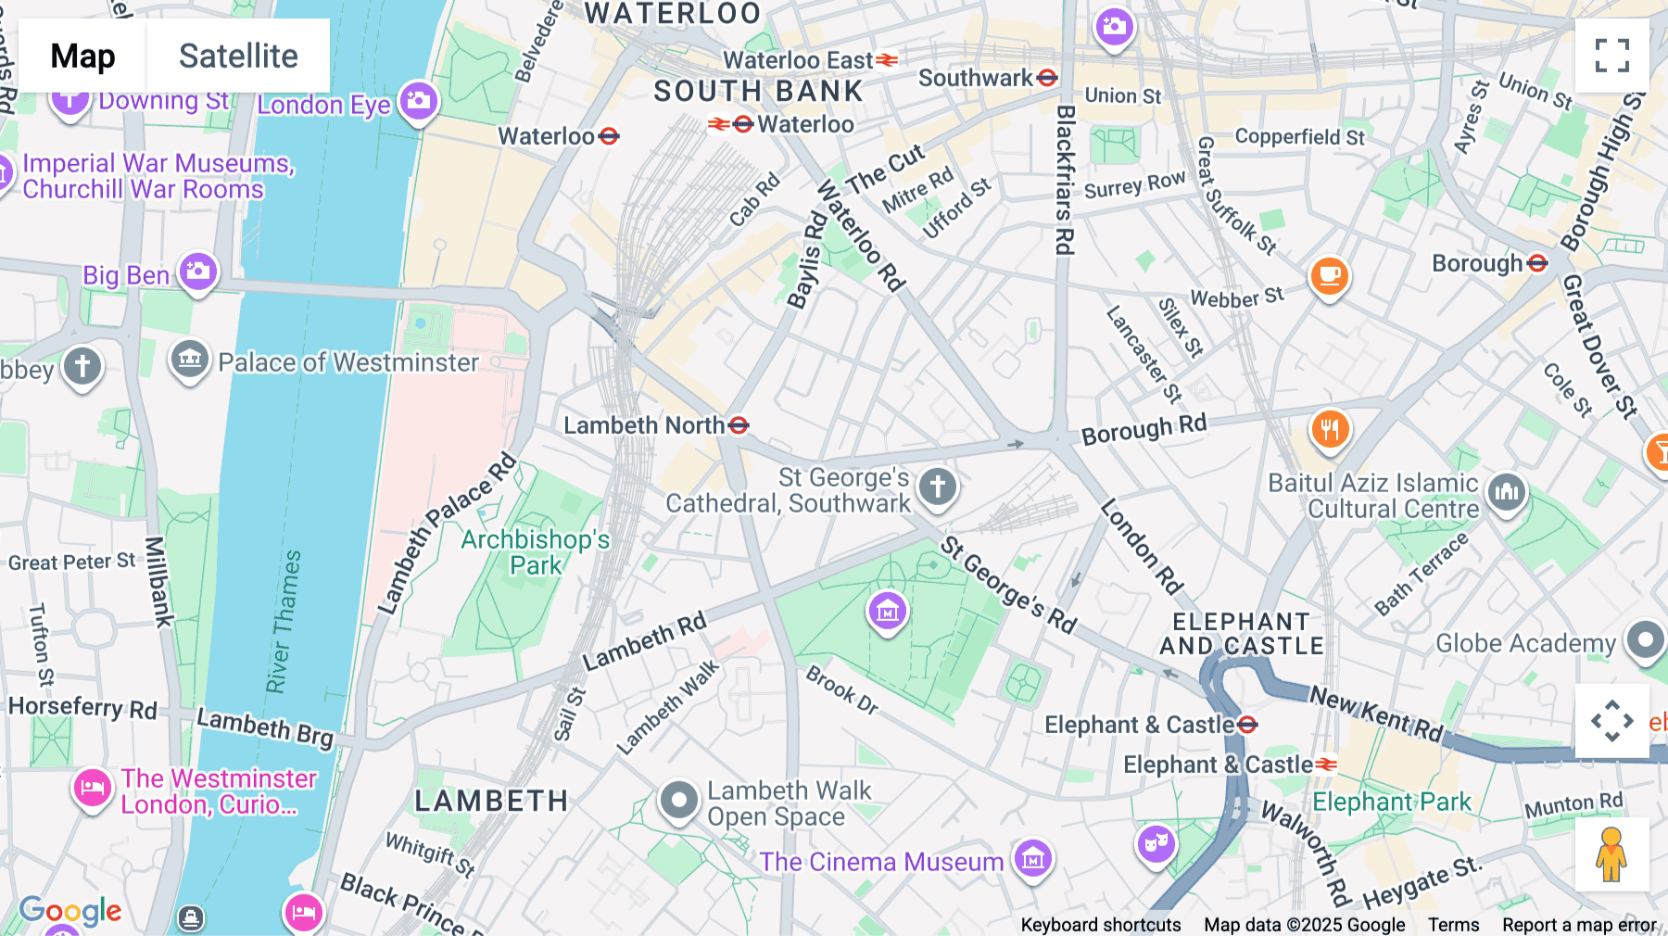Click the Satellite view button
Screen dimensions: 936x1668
click(238, 56)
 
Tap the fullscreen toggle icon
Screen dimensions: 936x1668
click(1611, 56)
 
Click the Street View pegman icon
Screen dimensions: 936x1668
click(1611, 854)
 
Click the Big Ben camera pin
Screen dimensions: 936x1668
click(198, 272)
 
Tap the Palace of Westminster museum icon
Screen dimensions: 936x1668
click(190, 359)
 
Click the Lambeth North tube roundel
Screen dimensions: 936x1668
click(739, 425)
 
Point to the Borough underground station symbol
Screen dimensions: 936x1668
click(1537, 263)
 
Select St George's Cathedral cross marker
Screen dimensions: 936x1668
click(937, 486)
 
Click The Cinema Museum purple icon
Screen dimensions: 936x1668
click(1032, 859)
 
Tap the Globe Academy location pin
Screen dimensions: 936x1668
click(1645, 639)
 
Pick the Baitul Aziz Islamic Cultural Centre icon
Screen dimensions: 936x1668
click(1507, 492)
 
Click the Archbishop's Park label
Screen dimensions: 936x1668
click(536, 552)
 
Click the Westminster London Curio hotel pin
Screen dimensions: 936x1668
click(92, 789)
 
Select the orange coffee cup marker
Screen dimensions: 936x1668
click(1329, 275)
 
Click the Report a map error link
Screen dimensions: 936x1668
click(1579, 925)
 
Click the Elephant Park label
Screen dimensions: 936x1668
click(1391, 802)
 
